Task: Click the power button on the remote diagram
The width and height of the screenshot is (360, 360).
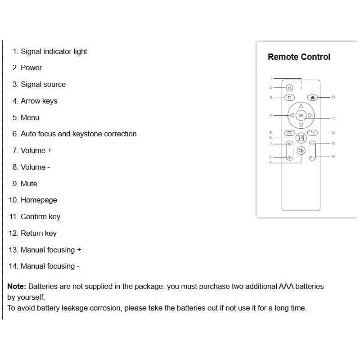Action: [x=289, y=88]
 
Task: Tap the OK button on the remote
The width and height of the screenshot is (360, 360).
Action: [x=301, y=115]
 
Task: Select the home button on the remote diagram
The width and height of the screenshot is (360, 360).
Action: [x=312, y=98]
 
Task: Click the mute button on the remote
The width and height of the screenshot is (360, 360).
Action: [x=301, y=151]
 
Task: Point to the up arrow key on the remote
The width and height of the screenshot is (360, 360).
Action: [x=301, y=106]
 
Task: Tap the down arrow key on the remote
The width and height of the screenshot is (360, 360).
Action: [x=301, y=125]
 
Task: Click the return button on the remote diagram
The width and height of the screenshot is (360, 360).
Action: [x=312, y=133]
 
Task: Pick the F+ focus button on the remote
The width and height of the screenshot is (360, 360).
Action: [x=312, y=144]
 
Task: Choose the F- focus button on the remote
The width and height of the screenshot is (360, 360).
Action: [x=312, y=157]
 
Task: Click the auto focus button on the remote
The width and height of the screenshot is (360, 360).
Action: [x=301, y=138]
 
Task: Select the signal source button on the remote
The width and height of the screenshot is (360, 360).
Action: [x=289, y=98]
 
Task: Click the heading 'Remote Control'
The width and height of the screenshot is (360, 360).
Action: [x=299, y=57]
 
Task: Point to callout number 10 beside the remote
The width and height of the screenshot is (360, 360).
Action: [x=333, y=97]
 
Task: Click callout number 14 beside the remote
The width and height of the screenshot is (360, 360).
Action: [x=333, y=157]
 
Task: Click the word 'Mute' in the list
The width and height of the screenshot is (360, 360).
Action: [x=29, y=184]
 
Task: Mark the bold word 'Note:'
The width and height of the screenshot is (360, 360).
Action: [x=17, y=286]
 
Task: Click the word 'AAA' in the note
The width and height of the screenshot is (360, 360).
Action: [x=286, y=286]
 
